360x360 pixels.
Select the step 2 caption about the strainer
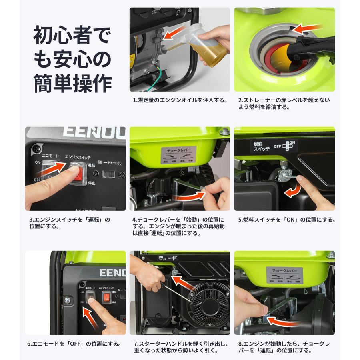[284, 103]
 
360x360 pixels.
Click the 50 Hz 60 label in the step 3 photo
[110, 163]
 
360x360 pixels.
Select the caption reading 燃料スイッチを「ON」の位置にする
[286, 220]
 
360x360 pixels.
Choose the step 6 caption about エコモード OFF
[74, 344]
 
